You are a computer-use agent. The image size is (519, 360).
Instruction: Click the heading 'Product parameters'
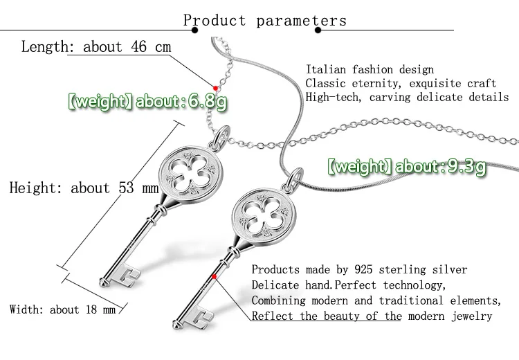coord(264,20)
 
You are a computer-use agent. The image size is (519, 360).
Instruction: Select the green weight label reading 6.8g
coord(147,103)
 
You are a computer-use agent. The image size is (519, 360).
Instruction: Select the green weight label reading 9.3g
coord(406,166)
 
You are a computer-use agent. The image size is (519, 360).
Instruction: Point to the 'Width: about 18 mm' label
coord(62,309)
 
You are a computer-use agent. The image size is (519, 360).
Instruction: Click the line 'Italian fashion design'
coord(370,69)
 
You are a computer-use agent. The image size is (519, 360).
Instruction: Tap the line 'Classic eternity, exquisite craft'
coord(401,83)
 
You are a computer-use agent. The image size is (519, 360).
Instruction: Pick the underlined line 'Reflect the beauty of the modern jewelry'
coord(372,316)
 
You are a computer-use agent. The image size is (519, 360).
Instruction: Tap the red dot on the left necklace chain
coord(216,88)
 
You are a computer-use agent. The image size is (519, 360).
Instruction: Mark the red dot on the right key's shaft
coord(216,278)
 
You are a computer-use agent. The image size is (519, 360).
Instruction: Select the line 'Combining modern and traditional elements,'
coord(375,300)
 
